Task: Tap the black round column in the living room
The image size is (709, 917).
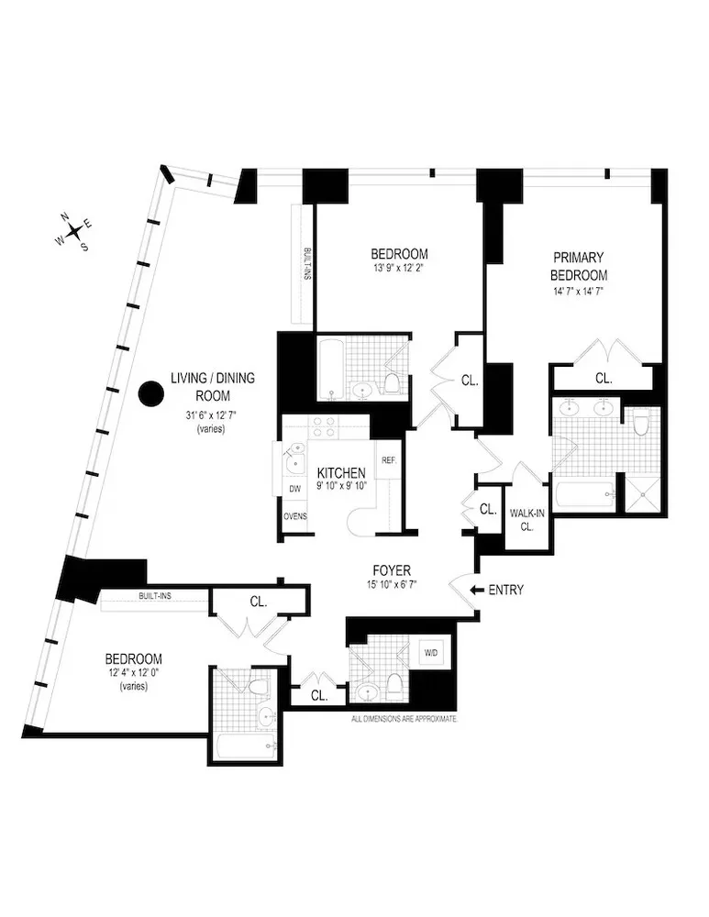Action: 150,394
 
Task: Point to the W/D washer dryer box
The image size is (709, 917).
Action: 430,653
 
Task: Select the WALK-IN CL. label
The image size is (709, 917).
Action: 526,520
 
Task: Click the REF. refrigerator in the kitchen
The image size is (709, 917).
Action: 387,460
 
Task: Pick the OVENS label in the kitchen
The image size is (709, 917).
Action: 294,516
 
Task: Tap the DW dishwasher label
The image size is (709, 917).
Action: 294,490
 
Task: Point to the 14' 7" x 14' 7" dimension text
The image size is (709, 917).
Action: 579,291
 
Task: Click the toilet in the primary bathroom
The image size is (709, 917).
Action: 640,423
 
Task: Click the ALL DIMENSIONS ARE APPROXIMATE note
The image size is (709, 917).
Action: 404,720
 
